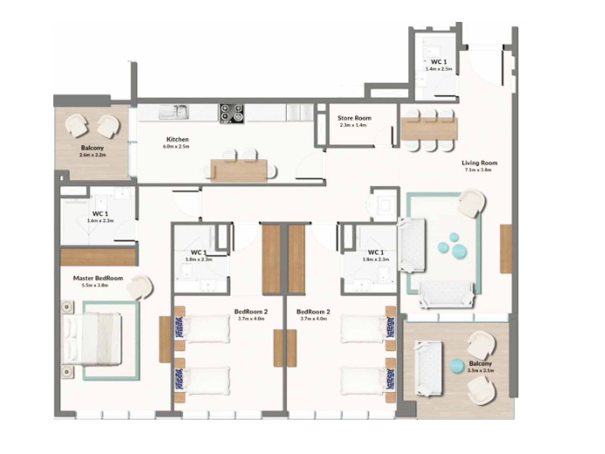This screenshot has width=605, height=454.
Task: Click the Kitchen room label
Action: [177, 139]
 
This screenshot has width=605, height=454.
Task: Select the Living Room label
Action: [479, 163]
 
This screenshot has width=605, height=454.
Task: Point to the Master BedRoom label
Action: [97, 278]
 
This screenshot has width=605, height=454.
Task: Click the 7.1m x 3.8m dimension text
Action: [479, 171]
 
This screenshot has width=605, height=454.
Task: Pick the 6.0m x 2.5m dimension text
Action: [177, 147]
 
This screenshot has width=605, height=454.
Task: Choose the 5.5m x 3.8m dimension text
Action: [97, 286]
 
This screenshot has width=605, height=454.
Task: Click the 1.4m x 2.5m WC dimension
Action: [437, 68]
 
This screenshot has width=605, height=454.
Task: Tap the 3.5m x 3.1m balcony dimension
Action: [481, 371]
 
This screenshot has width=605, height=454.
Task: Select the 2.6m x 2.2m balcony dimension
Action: [93, 155]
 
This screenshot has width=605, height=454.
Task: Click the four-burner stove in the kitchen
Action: [232, 112]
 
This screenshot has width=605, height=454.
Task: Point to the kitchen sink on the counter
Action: [180, 111]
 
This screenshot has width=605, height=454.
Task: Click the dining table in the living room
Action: [428, 129]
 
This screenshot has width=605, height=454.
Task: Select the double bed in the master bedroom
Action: [92, 339]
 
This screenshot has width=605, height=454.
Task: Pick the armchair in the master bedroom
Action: [140, 288]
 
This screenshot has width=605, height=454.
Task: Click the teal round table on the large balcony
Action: [455, 364]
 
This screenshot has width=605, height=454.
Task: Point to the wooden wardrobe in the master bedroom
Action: [98, 256]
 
